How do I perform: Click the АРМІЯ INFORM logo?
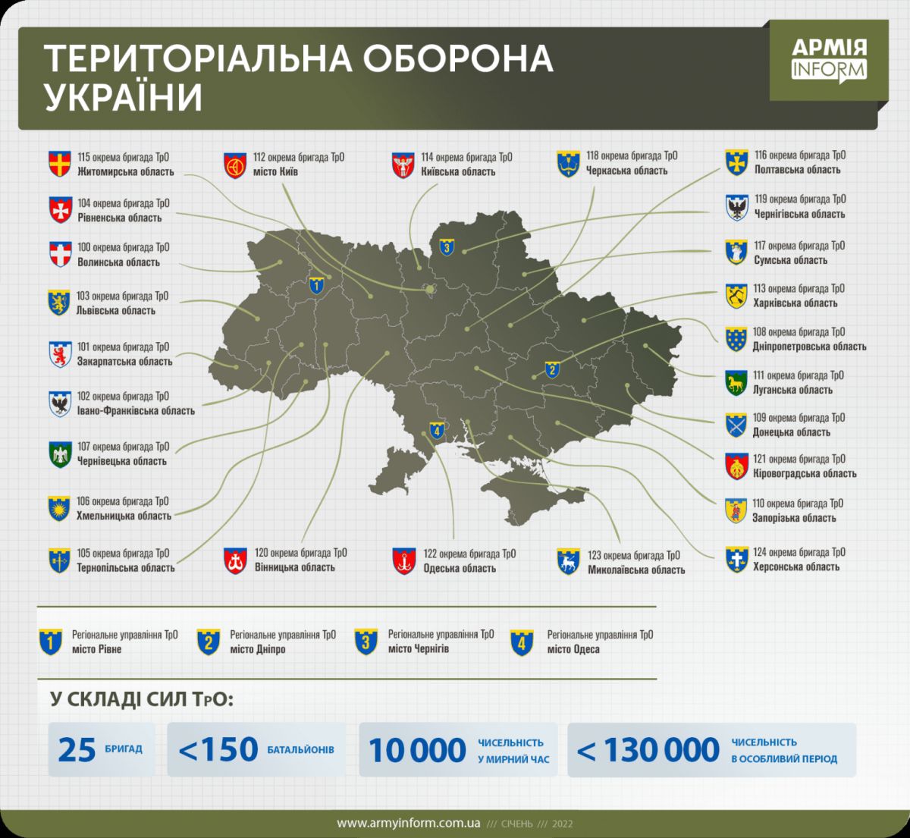(x=829, y=59)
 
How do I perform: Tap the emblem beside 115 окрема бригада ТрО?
(x=60, y=164)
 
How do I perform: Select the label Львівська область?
(x=116, y=310)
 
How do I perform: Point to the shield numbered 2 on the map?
(x=552, y=370)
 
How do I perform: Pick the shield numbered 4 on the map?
(x=436, y=431)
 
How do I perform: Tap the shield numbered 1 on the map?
(x=315, y=286)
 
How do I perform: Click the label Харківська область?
(x=795, y=303)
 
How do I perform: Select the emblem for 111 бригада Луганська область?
(x=736, y=383)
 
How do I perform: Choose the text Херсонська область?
(x=796, y=567)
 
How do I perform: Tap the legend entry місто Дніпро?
(x=258, y=649)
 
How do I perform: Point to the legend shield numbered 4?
(x=522, y=642)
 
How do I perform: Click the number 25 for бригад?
(x=77, y=750)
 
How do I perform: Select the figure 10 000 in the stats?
(x=417, y=750)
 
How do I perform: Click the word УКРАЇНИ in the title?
(x=124, y=98)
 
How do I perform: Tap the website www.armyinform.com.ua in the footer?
(x=408, y=824)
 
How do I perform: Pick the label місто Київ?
(x=275, y=171)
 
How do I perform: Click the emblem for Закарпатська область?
(x=60, y=354)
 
